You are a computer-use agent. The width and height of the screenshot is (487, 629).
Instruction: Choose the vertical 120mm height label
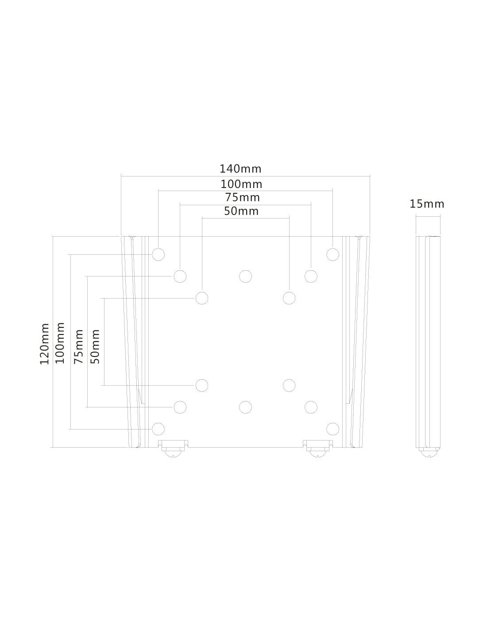coord(45,344)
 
